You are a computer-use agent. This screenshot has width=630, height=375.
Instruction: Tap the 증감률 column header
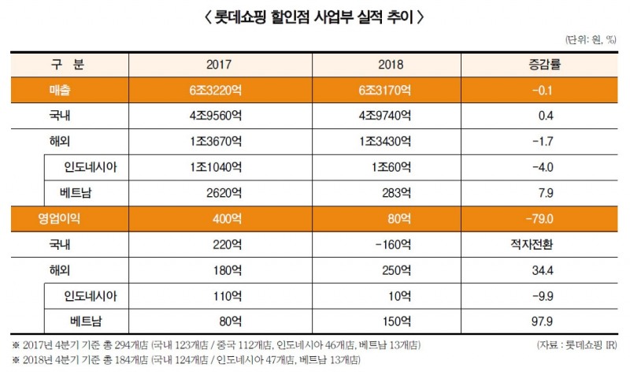pos(546,65)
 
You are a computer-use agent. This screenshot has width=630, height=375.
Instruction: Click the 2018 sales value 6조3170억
pos(384,91)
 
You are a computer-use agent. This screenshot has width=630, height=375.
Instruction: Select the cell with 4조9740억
pos(384,116)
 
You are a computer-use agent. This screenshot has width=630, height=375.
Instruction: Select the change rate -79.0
pos(546,218)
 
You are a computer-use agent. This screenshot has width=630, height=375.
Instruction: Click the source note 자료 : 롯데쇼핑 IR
pos(576,346)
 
